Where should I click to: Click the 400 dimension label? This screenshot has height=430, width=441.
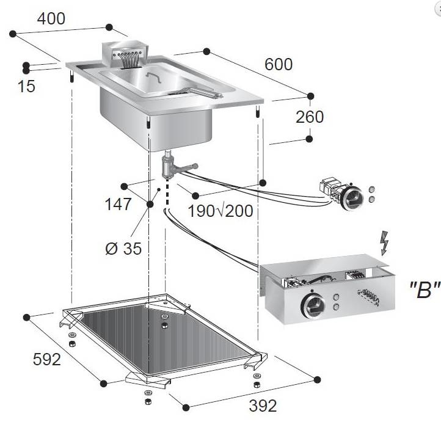[x=51, y=19]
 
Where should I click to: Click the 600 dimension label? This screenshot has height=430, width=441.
[x=280, y=64]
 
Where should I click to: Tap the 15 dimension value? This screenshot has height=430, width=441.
[x=27, y=87]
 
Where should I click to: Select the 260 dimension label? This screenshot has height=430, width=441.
[x=310, y=117]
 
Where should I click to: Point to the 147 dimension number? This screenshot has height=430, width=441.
[x=118, y=204]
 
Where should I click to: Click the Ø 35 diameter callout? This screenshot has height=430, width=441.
[x=123, y=249]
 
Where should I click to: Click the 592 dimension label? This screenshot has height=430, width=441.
[x=46, y=360]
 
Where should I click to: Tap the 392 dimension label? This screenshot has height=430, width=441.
[x=263, y=406]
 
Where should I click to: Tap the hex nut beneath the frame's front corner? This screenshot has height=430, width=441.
[x=147, y=401]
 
